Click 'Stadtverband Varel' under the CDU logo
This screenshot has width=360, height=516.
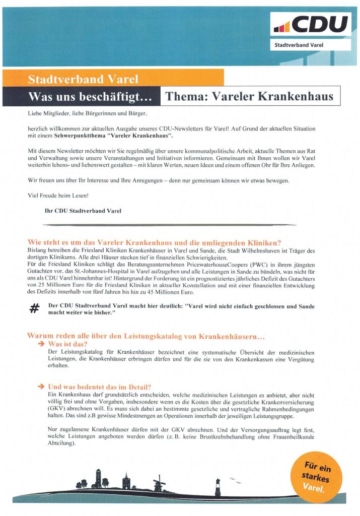299,45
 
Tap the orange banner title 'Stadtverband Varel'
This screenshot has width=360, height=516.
83,79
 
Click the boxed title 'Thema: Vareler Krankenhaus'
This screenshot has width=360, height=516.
249,96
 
